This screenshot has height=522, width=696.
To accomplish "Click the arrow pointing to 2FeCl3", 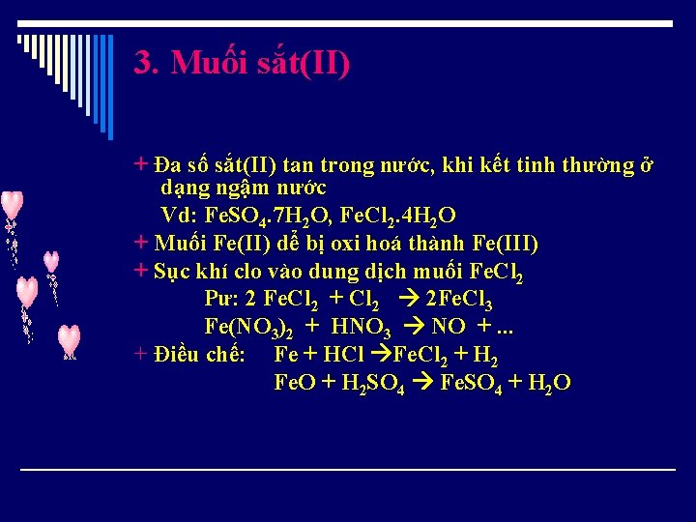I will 408,299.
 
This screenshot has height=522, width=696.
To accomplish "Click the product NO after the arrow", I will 449,327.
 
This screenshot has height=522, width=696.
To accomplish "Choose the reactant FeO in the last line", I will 294,382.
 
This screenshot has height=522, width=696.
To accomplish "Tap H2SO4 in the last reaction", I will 370,382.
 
